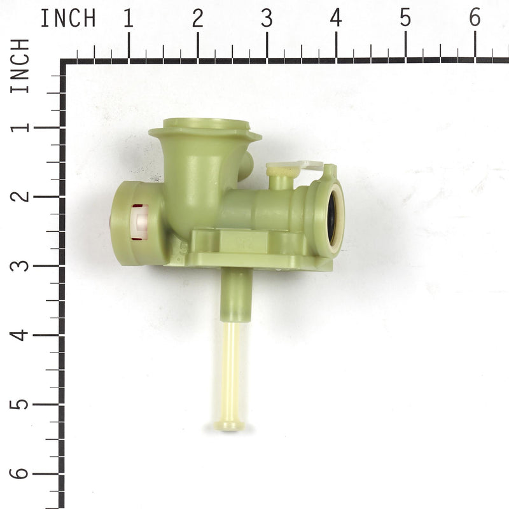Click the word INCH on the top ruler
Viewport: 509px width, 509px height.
pyautogui.click(x=68, y=18)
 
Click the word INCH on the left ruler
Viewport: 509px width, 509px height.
pyautogui.click(x=20, y=66)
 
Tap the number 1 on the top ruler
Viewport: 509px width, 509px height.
pyautogui.click(x=129, y=18)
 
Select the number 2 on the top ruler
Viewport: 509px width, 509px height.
pyautogui.click(x=198, y=18)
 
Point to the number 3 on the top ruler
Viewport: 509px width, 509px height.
pyautogui.click(x=267, y=18)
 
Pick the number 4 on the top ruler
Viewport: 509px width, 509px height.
pyautogui.click(x=336, y=18)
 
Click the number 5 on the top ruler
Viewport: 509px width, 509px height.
pyautogui.click(x=405, y=18)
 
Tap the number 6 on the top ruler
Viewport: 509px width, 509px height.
pyautogui.click(x=475, y=18)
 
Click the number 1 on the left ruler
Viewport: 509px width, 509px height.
pyautogui.click(x=20, y=127)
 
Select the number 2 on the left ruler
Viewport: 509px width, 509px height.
pyautogui.click(x=20, y=196)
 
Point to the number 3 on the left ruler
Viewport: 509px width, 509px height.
pyautogui.click(x=20, y=265)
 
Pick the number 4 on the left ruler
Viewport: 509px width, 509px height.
pyautogui.click(x=20, y=335)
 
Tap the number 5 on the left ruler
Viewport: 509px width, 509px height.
pyautogui.click(x=20, y=404)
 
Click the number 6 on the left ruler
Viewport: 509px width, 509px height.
pyautogui.click(x=20, y=473)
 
